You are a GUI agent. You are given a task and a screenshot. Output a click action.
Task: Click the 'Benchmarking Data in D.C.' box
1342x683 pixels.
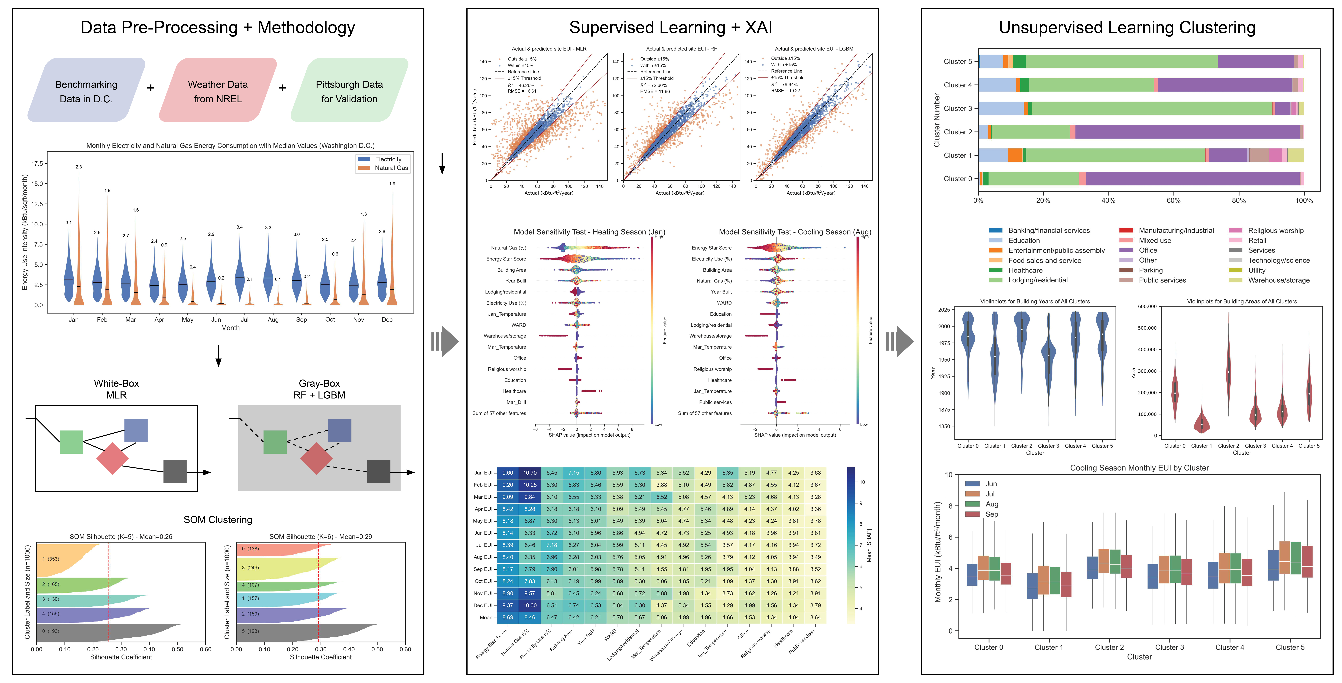pos(86,91)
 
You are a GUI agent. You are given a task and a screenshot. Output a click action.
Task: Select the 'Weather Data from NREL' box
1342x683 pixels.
pos(218,91)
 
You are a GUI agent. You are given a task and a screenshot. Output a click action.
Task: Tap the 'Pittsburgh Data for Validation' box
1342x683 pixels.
pos(349,91)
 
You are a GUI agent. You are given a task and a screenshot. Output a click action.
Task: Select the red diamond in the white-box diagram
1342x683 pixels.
pos(113,458)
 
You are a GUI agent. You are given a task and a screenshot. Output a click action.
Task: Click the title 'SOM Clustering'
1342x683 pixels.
pos(218,519)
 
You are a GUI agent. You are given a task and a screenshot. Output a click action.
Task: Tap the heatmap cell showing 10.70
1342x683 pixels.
pos(530,473)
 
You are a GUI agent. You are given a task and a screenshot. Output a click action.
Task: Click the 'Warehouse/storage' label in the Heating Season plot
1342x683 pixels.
pos(505,336)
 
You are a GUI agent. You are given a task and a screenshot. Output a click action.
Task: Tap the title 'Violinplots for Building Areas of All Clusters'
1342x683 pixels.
pos(1242,301)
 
